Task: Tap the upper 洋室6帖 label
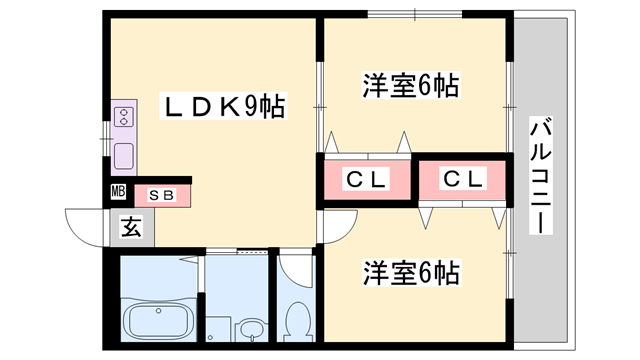click(x=410, y=86)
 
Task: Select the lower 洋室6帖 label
click(x=411, y=271)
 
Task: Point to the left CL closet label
click(x=366, y=180)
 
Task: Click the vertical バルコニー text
click(x=541, y=175)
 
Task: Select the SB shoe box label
click(x=161, y=195)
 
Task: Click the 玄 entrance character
click(x=131, y=227)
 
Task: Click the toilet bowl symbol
click(x=296, y=322)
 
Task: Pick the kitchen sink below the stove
click(x=125, y=156)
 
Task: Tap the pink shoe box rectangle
click(x=160, y=195)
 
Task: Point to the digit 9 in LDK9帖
click(x=252, y=107)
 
